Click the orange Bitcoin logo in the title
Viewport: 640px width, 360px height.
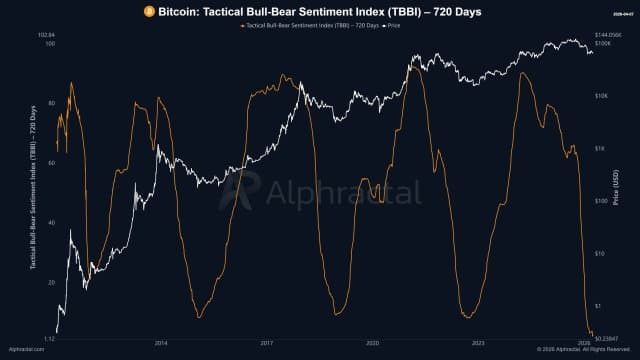148,10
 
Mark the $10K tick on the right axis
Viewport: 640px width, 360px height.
602,96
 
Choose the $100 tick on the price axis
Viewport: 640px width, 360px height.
602,201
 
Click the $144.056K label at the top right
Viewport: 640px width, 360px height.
608,35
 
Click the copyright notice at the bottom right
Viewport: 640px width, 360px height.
580,350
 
